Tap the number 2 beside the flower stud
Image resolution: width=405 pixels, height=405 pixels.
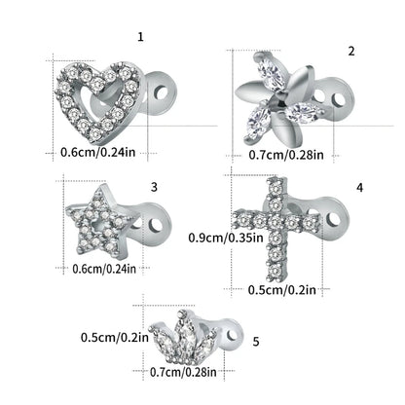pos(351,50)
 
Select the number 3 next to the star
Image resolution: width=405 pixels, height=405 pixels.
pos(154,185)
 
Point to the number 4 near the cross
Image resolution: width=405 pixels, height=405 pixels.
pos(359,186)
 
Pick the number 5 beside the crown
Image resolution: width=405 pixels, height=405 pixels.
pos(255,342)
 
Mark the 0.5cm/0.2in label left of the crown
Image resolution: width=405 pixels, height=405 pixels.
pos(115,337)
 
